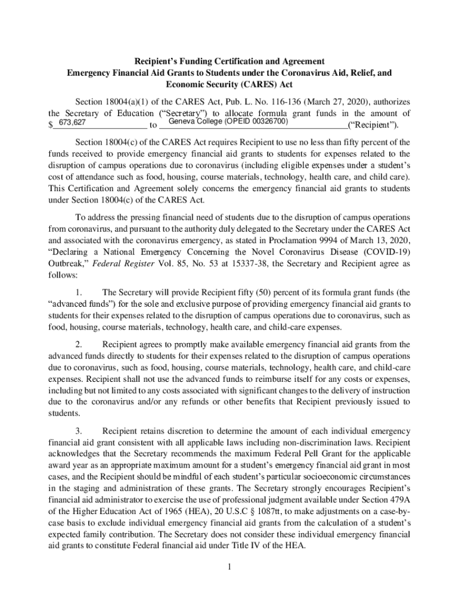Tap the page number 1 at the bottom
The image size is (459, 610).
[229, 566]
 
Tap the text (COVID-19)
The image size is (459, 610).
[387, 253]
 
